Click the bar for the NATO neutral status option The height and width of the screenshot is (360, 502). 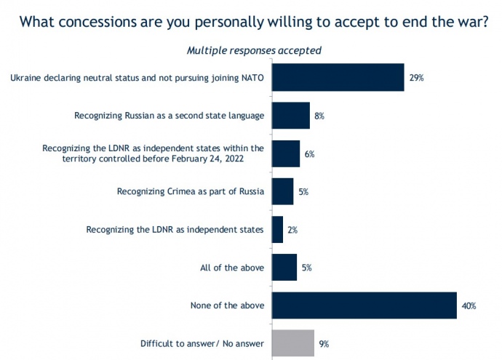click(338, 77)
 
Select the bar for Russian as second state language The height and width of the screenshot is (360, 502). click(290, 115)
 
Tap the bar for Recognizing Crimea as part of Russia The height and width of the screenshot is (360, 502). click(282, 191)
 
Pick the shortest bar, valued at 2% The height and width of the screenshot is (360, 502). click(277, 230)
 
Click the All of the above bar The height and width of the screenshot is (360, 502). click(284, 268)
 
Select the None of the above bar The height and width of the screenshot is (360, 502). click(364, 305)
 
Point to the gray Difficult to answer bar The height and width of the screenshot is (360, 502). click(292, 343)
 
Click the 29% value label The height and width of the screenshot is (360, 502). click(416, 78)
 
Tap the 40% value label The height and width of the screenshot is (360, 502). click(469, 306)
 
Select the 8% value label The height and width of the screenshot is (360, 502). click(319, 116)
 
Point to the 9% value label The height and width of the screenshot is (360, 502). click(324, 344)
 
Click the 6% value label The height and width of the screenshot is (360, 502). click(309, 153)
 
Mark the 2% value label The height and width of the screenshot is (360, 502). click(292, 230)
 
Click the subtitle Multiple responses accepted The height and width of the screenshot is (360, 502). click(254, 50)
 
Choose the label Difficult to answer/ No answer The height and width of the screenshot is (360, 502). click(202, 343)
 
